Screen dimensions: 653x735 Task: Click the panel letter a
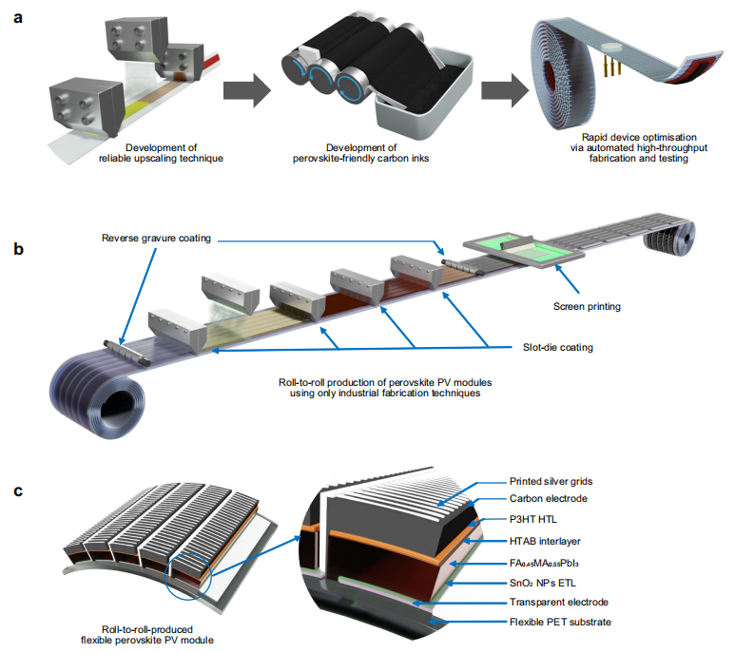17,17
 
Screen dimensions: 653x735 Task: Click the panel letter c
17,492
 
